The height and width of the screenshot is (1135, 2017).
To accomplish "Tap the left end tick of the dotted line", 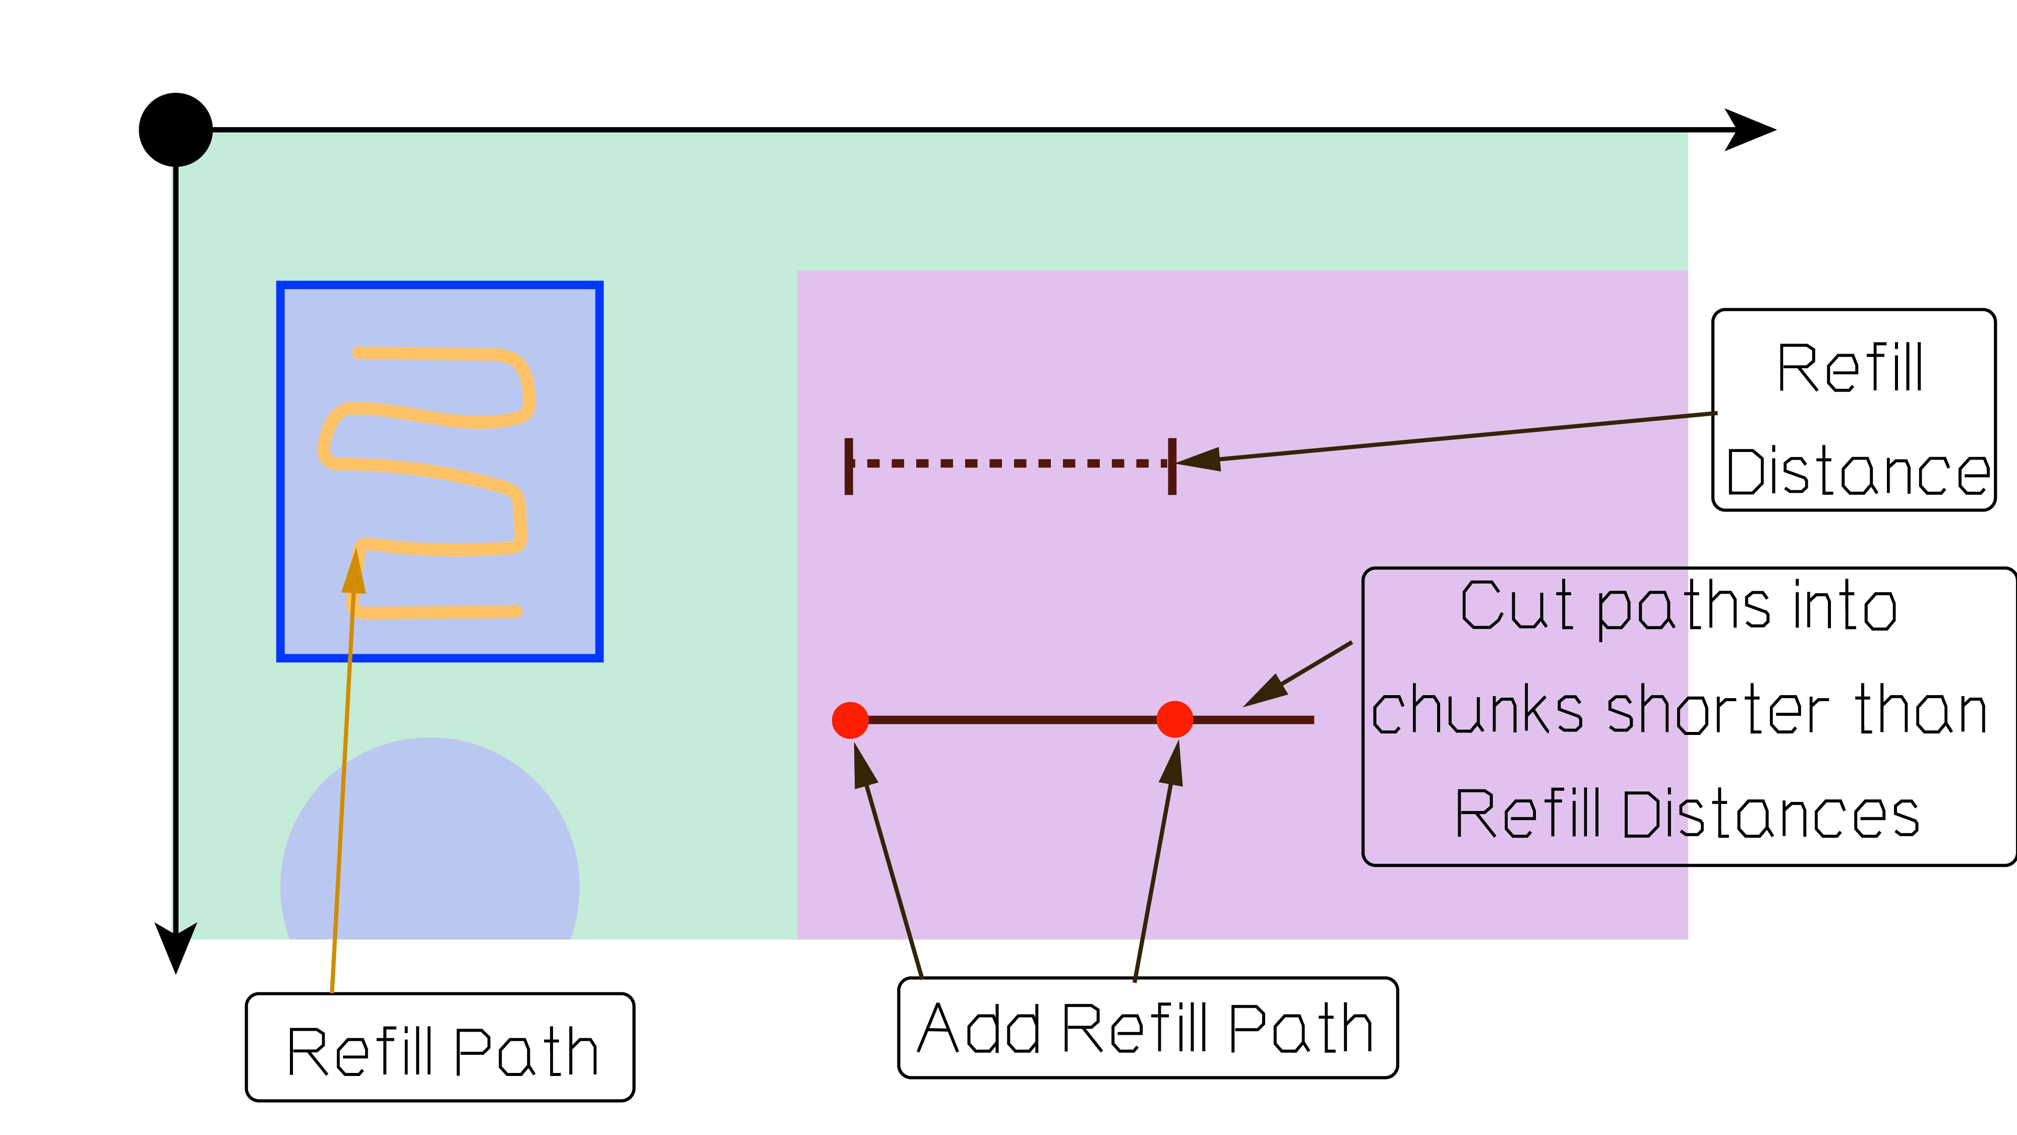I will (849, 466).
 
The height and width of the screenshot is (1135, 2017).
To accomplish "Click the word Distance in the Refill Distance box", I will (1857, 472).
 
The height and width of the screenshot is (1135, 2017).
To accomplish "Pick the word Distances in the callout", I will (1771, 815).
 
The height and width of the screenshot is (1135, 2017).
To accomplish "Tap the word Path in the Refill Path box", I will (525, 1051).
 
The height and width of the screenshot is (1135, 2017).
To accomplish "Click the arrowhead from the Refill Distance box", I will (1199, 460).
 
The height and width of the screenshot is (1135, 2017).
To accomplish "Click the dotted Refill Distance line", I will (1010, 464).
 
